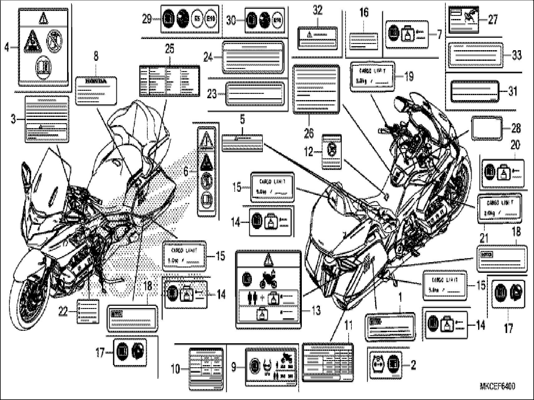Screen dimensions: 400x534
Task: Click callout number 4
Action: click(x=7, y=47)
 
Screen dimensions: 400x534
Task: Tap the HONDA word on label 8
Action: click(x=96, y=81)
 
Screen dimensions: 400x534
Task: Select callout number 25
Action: click(x=169, y=49)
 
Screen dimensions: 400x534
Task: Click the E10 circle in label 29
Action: click(x=211, y=20)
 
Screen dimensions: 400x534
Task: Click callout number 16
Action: click(x=364, y=12)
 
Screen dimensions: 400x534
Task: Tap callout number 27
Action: click(x=493, y=19)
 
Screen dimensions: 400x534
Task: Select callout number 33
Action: click(x=517, y=55)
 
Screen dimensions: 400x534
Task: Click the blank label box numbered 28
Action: click(x=487, y=128)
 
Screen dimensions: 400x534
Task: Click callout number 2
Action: click(x=413, y=365)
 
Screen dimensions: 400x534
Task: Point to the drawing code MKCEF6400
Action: click(x=497, y=386)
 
